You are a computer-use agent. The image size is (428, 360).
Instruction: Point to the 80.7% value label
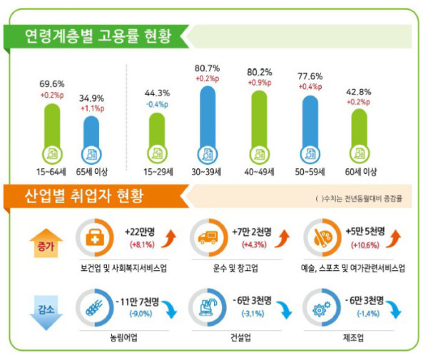tap(207, 68)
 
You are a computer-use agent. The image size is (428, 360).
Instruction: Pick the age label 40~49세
tap(260, 172)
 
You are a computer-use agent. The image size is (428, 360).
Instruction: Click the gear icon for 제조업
tap(320, 306)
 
